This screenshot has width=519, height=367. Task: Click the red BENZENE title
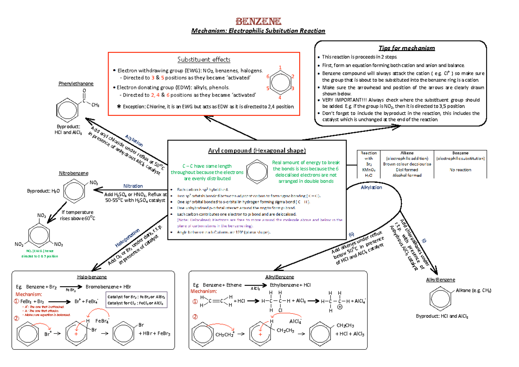259,21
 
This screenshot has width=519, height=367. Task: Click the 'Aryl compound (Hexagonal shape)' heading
257,150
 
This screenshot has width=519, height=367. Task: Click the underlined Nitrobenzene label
74,173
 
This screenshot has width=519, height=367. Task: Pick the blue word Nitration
133,186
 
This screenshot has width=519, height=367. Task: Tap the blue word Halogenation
128,238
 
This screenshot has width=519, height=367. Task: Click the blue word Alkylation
371,188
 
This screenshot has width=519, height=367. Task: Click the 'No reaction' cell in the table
460,170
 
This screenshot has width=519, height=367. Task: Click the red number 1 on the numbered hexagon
280,67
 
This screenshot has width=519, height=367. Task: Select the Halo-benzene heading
92,277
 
